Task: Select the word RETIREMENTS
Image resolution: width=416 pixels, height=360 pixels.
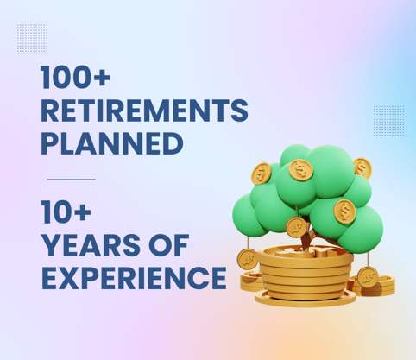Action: (144, 111)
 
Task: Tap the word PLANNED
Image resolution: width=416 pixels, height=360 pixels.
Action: (111, 142)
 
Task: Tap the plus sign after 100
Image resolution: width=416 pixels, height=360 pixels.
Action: (124, 79)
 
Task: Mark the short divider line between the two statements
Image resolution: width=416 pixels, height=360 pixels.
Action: (70, 180)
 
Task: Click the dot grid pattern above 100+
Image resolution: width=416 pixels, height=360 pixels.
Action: (32, 39)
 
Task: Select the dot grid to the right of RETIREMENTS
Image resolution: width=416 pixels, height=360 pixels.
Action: (388, 119)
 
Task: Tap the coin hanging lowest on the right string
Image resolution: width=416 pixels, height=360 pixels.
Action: (369, 277)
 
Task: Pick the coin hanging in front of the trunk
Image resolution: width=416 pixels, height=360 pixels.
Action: (296, 226)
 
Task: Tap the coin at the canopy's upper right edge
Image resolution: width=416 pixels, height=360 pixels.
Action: (362, 167)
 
